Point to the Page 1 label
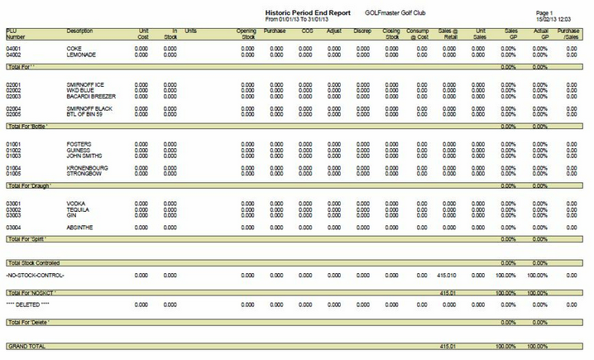point(544,13)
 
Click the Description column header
point(79,31)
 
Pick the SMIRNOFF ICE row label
point(85,84)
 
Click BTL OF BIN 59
point(84,114)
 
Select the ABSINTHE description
point(80,227)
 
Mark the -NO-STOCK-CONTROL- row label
point(35,275)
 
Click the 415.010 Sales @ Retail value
point(447,275)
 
